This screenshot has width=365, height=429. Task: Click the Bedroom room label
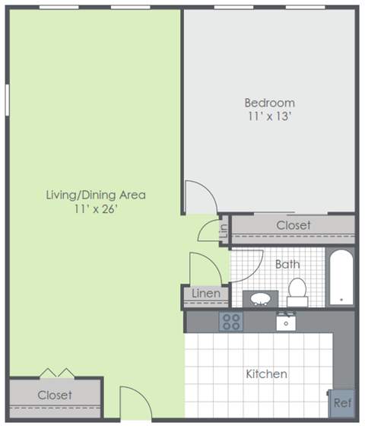click(x=269, y=103)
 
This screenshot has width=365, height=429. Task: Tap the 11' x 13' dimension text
click(x=269, y=116)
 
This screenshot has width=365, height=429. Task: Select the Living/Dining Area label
click(x=96, y=195)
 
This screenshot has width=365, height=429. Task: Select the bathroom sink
click(x=260, y=297)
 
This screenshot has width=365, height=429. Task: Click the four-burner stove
click(x=230, y=322)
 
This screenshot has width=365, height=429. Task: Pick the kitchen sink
click(x=287, y=322)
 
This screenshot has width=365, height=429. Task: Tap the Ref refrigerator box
click(x=342, y=402)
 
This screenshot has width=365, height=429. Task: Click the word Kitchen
click(x=266, y=373)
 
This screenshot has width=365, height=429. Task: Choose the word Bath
click(x=287, y=264)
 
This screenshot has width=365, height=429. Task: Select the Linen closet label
click(x=205, y=293)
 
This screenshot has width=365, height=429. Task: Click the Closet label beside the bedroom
click(x=293, y=225)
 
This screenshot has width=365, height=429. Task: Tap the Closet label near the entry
click(x=55, y=395)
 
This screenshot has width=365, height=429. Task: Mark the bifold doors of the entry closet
click(x=57, y=373)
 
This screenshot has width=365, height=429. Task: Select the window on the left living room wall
click(x=8, y=98)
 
